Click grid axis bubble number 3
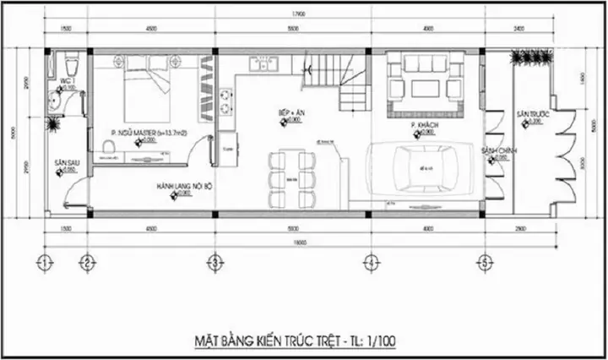point(216,261)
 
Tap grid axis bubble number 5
point(485,261)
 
